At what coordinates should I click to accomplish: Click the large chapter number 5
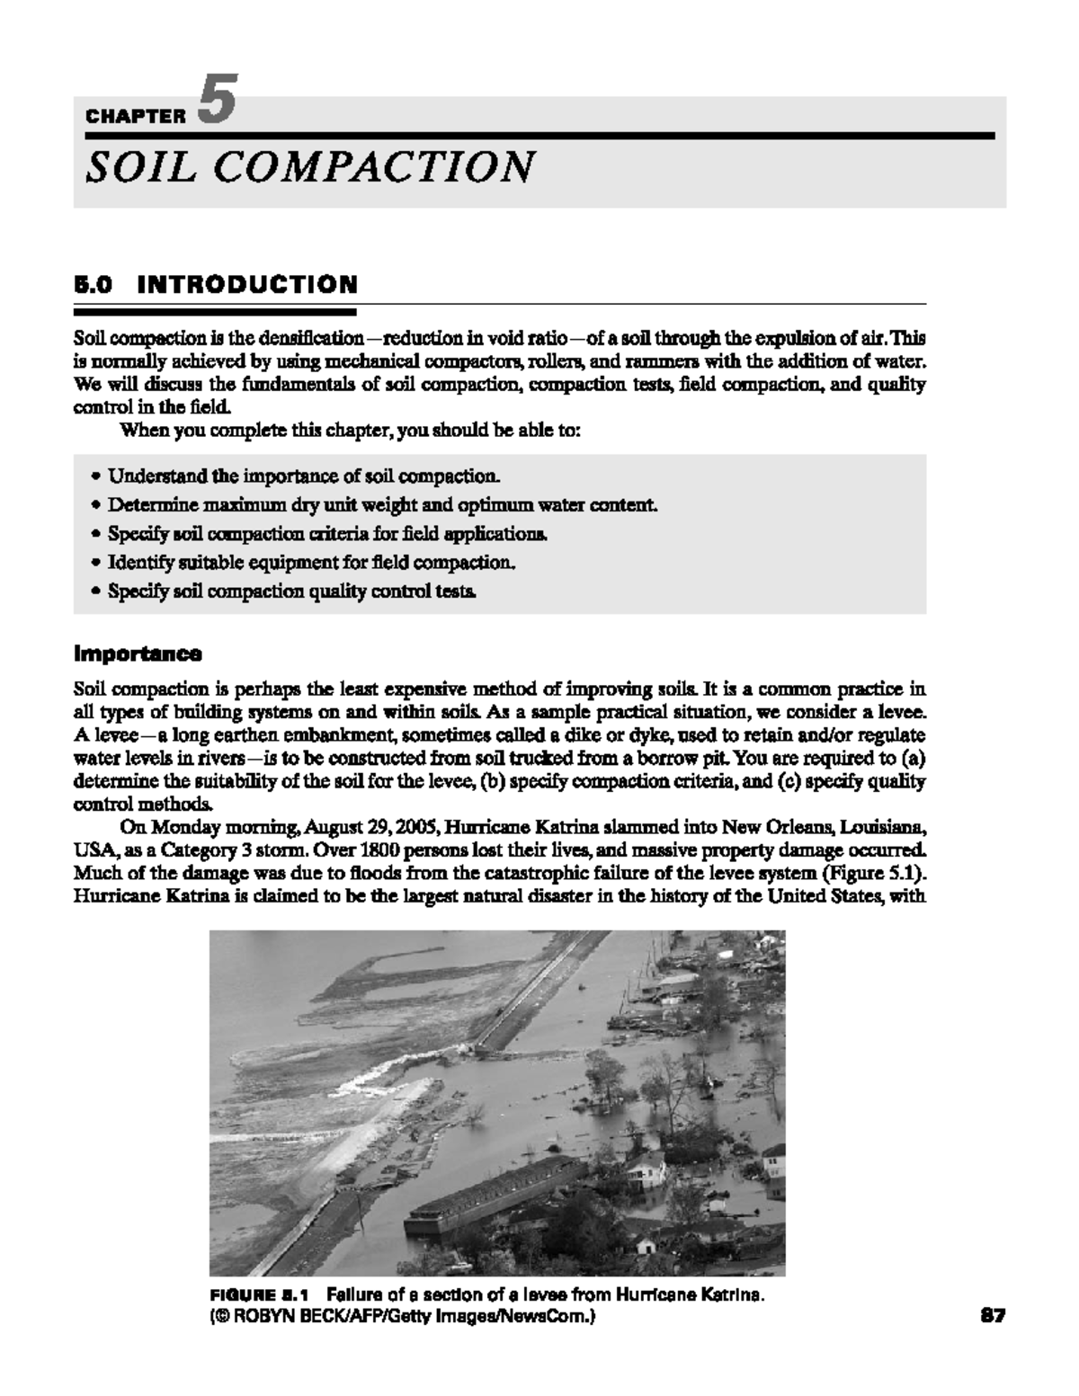coord(217,101)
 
